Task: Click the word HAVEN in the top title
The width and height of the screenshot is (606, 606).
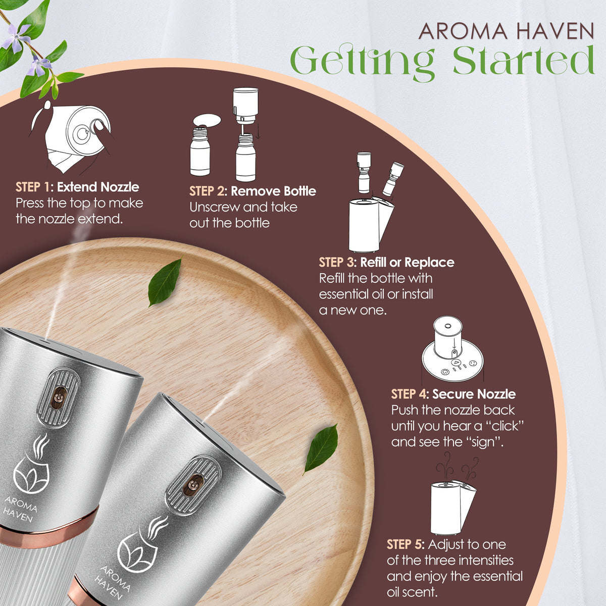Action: point(555,31)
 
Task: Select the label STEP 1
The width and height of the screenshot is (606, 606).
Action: point(32,187)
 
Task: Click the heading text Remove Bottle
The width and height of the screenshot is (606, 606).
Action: point(273,191)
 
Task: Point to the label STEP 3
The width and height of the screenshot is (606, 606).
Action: point(336,262)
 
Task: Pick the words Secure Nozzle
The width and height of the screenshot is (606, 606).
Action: point(474,394)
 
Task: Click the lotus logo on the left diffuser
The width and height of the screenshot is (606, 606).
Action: point(31,465)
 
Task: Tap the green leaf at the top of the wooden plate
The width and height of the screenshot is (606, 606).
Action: point(165,282)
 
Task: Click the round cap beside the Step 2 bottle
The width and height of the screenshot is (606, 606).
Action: point(207,121)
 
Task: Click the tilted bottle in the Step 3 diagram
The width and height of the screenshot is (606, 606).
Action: point(393,179)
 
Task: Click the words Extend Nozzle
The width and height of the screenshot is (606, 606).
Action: point(98,187)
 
